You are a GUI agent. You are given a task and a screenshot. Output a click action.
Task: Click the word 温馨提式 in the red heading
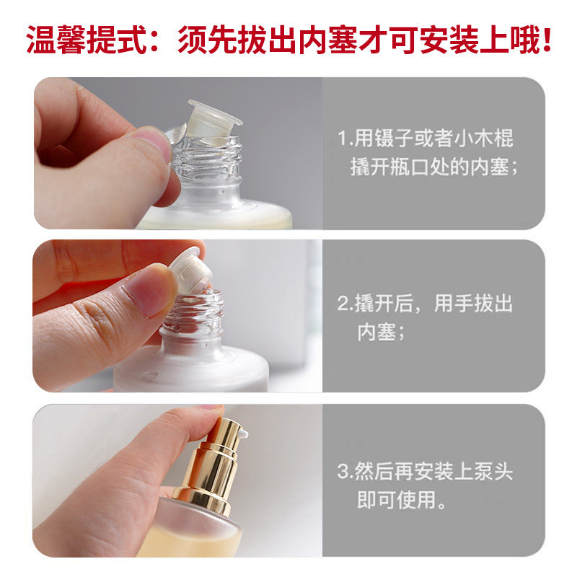tap(86, 40)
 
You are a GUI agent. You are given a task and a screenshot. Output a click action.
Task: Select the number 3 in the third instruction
tap(343, 473)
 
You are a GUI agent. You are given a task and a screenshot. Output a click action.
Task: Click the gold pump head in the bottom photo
tap(221, 447)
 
